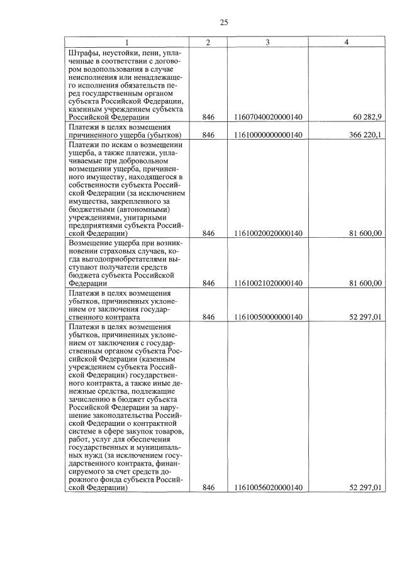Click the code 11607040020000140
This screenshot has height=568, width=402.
[267, 117]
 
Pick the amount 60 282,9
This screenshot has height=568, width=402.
[367, 117]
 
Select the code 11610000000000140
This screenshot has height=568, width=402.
[267, 135]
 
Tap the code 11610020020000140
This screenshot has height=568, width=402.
[267, 233]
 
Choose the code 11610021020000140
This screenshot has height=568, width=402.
[267, 283]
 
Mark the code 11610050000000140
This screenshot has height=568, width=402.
[267, 316]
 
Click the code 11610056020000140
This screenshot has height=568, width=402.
[267, 487]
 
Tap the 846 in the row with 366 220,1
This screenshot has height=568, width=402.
[209, 135]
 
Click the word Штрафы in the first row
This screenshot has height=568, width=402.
[83, 52]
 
